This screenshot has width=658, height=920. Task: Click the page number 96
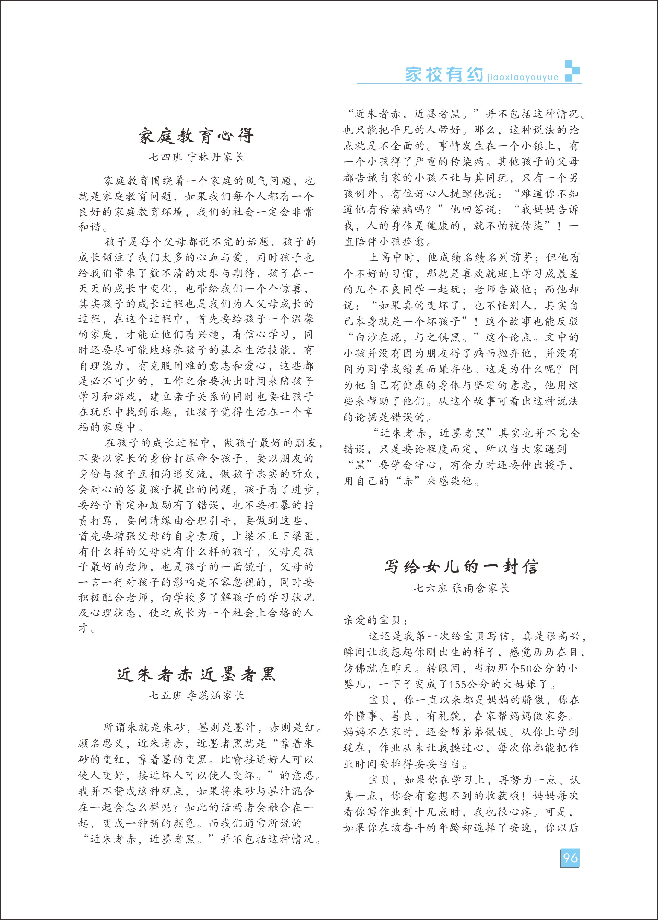570,858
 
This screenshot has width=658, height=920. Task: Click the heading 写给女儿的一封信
461,567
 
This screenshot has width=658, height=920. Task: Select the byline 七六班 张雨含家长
461,588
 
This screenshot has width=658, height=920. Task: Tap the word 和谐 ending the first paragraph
89,227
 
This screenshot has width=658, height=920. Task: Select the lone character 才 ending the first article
83,629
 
